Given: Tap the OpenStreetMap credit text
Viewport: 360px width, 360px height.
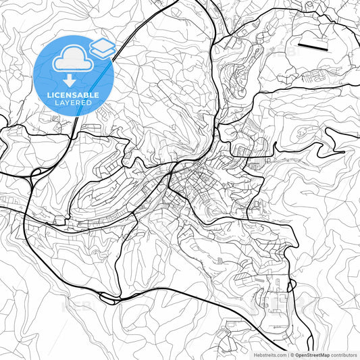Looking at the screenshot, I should point(311,354).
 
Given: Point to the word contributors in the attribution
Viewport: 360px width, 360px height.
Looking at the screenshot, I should point(343,354).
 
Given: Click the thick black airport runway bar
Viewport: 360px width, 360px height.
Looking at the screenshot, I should point(311,47).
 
